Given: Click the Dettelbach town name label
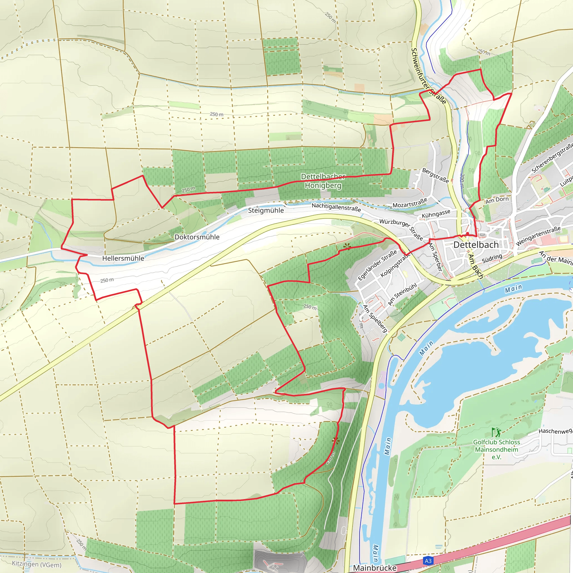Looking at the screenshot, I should coord(476,245).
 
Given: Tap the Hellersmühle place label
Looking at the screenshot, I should coord(123,258).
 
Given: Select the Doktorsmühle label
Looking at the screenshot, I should coord(197,237).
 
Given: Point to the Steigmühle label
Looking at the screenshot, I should coord(266,210).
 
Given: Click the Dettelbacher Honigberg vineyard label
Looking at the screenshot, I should coord(323,181).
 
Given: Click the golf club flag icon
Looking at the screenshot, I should coord(496,433).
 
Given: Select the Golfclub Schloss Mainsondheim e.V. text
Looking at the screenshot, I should coord(497,449).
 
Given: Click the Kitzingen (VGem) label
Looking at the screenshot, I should coord(36,564).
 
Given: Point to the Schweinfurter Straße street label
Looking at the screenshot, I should coord(428,76).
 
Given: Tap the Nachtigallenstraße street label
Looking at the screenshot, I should coord(336,207).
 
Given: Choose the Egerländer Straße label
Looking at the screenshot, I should coord(377,265).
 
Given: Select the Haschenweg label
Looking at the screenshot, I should coord(555,431).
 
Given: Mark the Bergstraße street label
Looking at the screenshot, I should coord(435,175).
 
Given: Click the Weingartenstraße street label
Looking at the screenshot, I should coord(538,236).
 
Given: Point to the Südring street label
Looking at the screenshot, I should coord(492,258).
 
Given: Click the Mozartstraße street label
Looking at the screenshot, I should coord(410,203).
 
